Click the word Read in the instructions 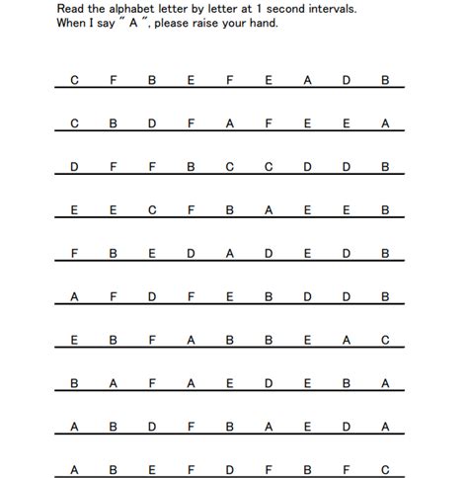pyautogui.click(x=71, y=8)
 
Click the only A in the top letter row pyautogui.click(x=308, y=80)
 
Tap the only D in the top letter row pyautogui.click(x=347, y=80)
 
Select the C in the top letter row pyautogui.click(x=75, y=80)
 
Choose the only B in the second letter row pyautogui.click(x=114, y=123)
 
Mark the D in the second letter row pyautogui.click(x=152, y=123)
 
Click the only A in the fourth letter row pyautogui.click(x=269, y=209)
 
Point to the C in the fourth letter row pyautogui.click(x=152, y=209)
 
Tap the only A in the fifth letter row pyautogui.click(x=230, y=253)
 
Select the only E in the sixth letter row pyautogui.click(x=230, y=296)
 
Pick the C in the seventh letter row pyautogui.click(x=385, y=340)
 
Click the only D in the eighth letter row pyautogui.click(x=269, y=383)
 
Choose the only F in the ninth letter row pyautogui.click(x=192, y=427)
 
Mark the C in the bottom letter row pyautogui.click(x=385, y=470)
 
